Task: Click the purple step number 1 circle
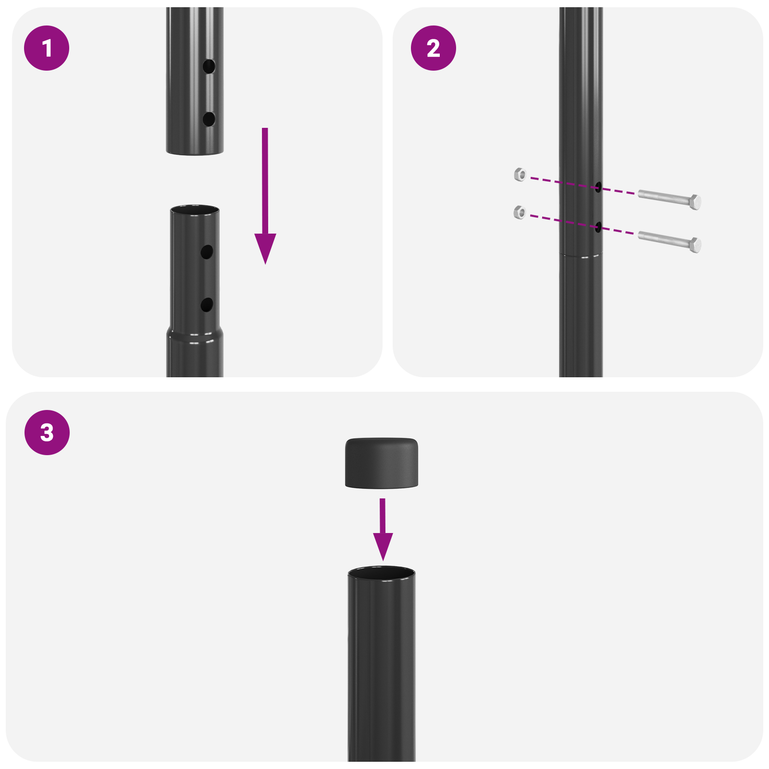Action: coord(47,48)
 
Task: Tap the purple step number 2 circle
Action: coord(433,48)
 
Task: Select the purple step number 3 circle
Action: coord(47,432)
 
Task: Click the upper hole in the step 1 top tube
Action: coord(209,66)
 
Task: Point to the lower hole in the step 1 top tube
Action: coord(209,119)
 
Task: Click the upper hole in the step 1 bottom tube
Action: coord(207,252)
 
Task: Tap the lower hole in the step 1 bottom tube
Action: coord(207,305)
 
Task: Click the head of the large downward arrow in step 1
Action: coord(265,247)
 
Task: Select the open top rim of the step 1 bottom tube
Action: coord(195,210)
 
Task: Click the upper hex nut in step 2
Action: coord(520,174)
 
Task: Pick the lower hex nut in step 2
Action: coord(520,212)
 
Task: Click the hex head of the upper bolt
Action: coord(695,202)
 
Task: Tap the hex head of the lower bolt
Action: coord(695,245)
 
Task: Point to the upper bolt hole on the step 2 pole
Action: coord(598,186)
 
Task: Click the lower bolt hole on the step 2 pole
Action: coord(598,227)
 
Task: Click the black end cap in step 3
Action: coord(381,462)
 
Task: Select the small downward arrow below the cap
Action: coord(383,533)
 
